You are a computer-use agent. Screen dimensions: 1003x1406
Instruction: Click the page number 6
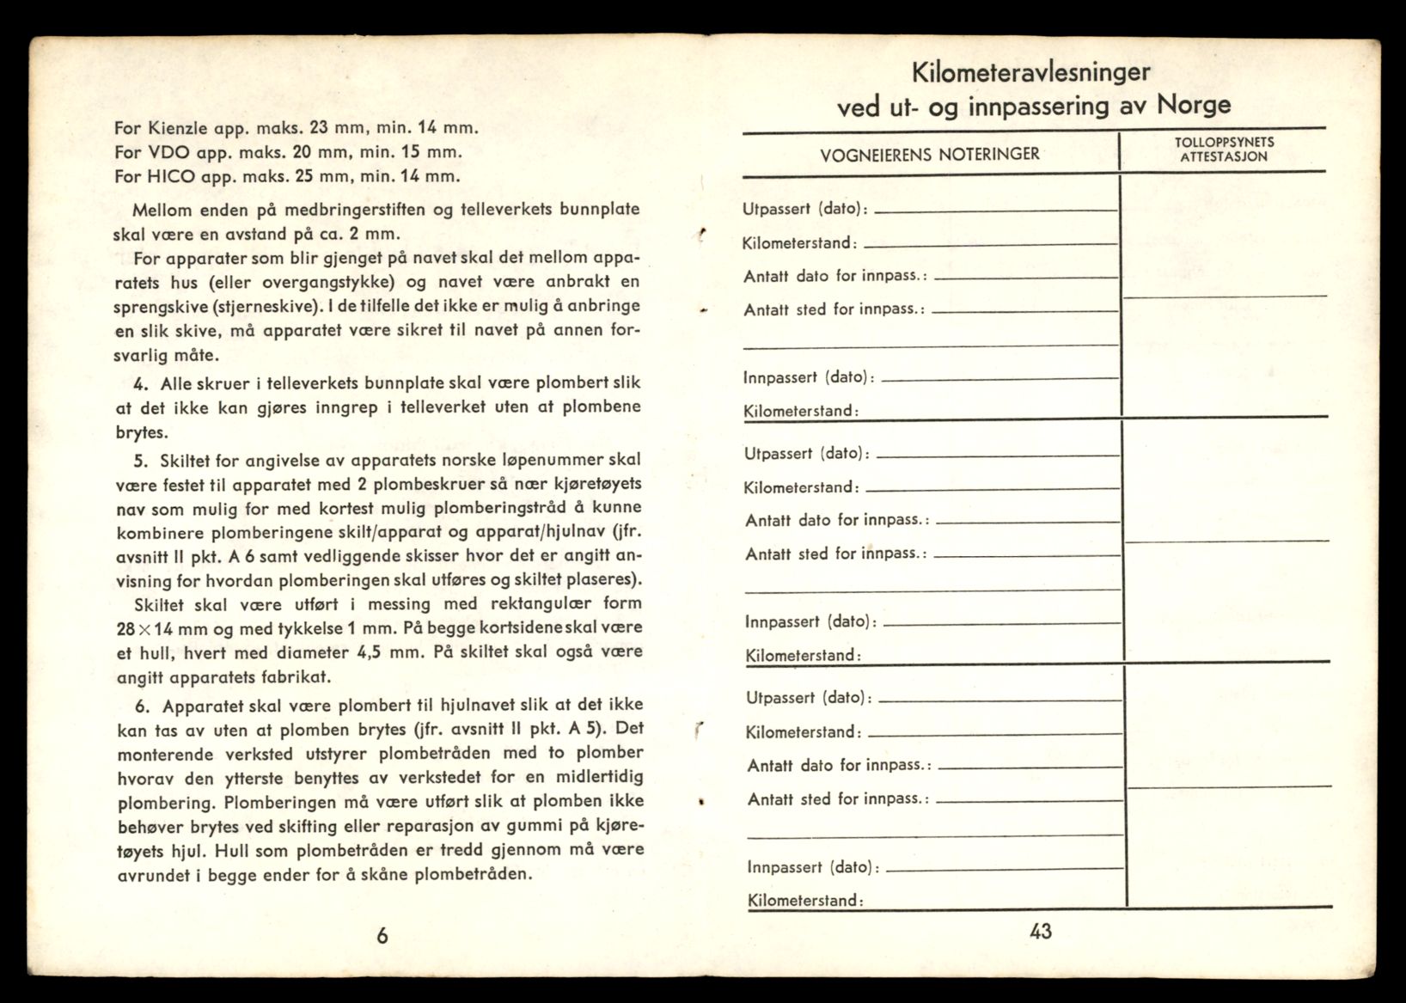click(382, 936)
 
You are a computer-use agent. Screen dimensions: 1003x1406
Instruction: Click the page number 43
click(1040, 931)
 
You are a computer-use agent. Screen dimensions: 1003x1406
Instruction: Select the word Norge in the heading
click(1194, 105)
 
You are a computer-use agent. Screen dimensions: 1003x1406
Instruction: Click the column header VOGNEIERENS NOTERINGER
click(930, 155)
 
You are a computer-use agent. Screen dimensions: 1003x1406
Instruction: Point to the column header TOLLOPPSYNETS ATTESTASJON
click(1224, 150)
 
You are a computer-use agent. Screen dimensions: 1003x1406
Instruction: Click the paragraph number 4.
click(141, 383)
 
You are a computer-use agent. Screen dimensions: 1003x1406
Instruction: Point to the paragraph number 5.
click(141, 460)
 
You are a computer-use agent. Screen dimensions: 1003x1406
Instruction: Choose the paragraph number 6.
click(143, 706)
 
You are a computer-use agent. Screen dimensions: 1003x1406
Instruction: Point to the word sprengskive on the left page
click(154, 306)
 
